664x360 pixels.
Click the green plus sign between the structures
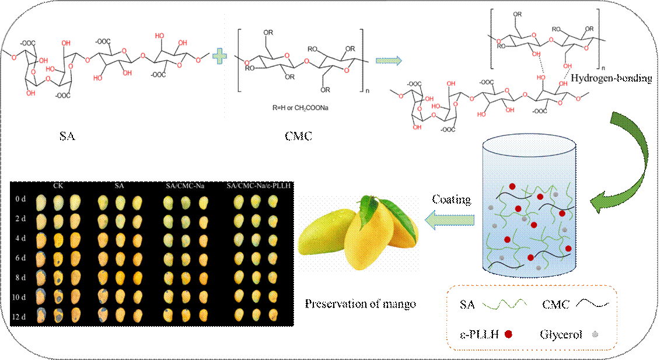[x=219, y=57]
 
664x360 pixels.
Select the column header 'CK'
[x=57, y=186]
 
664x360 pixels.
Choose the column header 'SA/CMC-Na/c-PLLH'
[x=258, y=186]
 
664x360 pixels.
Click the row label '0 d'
[x=21, y=200]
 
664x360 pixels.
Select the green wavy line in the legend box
[x=505, y=304]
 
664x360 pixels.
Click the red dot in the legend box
[x=508, y=334]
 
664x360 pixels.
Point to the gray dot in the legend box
[x=595, y=334]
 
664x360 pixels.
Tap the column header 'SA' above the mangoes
[x=120, y=186]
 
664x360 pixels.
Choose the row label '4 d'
[x=21, y=238]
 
